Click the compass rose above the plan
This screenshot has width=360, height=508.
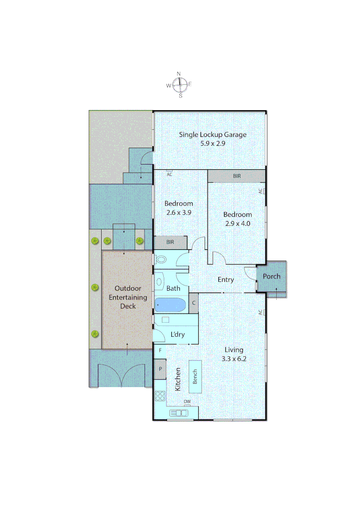179,85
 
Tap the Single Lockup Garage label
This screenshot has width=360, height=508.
213,135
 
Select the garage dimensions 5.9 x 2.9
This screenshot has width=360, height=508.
213,143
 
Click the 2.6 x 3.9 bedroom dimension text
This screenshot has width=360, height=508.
178,212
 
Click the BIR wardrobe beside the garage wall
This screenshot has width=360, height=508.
237,176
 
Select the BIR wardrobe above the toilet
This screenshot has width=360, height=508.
170,243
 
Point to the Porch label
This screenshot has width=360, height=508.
271,276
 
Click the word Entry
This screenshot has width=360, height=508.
226,279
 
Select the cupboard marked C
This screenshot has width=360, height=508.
193,302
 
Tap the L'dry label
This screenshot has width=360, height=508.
177,335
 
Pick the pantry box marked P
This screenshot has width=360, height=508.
160,369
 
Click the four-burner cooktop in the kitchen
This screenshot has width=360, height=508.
160,396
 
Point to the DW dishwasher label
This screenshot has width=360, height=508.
187,401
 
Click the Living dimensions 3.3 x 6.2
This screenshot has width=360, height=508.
234,358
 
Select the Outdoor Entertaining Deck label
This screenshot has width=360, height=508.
128,297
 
